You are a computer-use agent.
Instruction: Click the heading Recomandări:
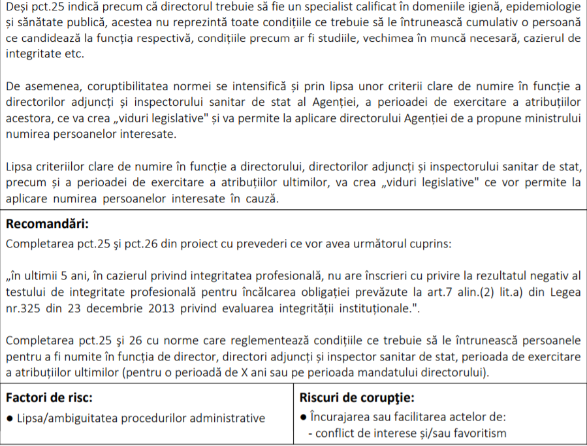[x=46, y=224]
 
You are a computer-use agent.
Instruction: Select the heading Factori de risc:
[x=49, y=397]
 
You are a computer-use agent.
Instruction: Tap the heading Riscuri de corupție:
[x=357, y=397]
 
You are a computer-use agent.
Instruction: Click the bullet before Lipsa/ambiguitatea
[x=9, y=418]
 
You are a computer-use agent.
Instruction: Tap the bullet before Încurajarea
[x=304, y=417]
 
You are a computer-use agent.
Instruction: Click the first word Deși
[x=19, y=7]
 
